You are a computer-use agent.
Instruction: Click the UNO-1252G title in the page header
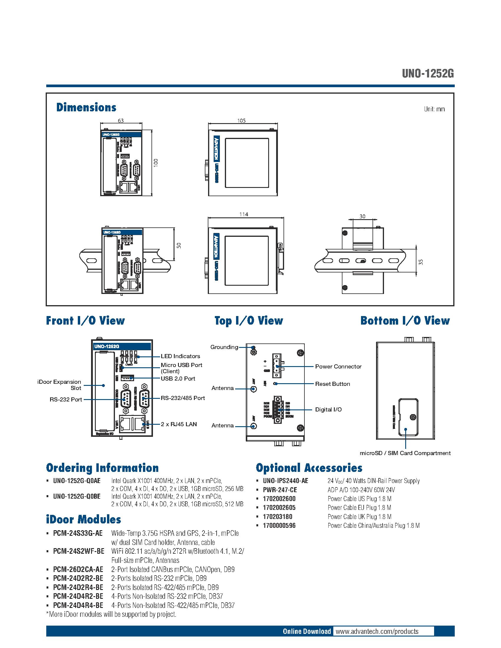[x=428, y=74]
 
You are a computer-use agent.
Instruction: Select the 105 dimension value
[x=241, y=120]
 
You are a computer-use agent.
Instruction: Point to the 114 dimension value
[x=243, y=214]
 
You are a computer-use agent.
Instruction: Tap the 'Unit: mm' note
[x=434, y=109]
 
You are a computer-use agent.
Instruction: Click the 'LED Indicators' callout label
[x=180, y=356]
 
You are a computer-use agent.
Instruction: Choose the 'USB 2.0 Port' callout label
[x=178, y=378]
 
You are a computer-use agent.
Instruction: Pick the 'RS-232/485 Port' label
[x=182, y=398]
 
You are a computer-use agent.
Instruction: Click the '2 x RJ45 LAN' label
[x=179, y=424]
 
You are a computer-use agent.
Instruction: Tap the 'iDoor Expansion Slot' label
[x=59, y=385]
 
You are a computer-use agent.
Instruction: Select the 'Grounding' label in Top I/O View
[x=224, y=347]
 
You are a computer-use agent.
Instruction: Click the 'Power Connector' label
[x=338, y=366]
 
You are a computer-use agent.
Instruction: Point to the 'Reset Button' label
[x=332, y=384]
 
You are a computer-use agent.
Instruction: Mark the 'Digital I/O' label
[x=328, y=409]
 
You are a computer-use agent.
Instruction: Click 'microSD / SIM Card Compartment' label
[x=405, y=453]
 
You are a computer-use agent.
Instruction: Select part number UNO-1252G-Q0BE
[x=77, y=496]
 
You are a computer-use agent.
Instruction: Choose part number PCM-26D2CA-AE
[x=78, y=569]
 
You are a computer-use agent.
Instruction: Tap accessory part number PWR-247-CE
[x=280, y=490]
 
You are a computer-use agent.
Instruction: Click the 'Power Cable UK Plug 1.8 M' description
[x=359, y=517]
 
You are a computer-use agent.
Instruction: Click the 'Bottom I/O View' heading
[x=405, y=321]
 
